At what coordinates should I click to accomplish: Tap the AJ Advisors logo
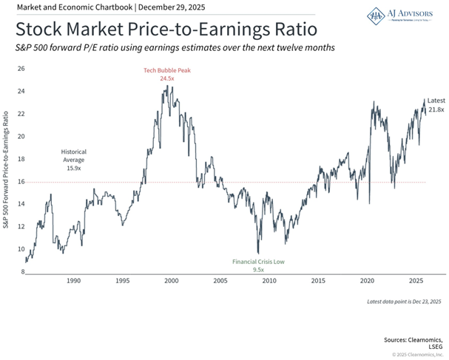(400, 16)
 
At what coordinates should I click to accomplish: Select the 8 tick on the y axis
(22, 272)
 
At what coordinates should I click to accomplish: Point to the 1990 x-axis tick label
(73, 282)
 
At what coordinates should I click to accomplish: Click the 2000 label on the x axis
(171, 282)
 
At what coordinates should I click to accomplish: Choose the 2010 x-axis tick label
(269, 282)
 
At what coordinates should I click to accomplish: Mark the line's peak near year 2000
(167, 86)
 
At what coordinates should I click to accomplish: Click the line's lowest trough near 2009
(258, 253)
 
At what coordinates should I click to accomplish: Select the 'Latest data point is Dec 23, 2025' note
(403, 302)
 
